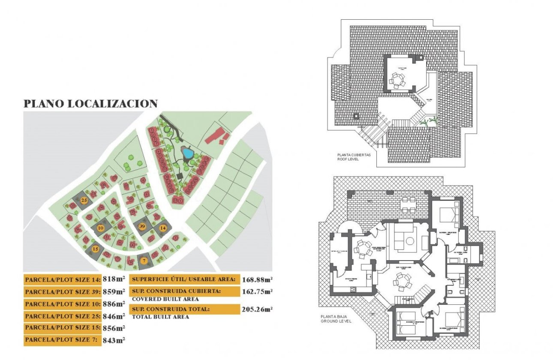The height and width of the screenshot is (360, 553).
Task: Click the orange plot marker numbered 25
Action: point(84,200)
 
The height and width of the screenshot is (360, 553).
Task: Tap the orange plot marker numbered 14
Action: point(163,228)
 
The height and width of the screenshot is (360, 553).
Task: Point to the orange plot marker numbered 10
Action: point(100,228)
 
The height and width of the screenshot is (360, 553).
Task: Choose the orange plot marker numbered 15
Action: point(96,249)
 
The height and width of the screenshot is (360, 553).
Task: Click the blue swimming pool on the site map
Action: point(186,152)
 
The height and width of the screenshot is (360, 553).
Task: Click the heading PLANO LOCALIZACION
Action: point(90,103)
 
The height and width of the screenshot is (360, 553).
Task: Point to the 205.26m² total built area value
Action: point(258,309)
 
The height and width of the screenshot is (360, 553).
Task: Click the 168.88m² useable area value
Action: point(258,279)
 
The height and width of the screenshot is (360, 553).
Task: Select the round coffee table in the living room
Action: point(410,241)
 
